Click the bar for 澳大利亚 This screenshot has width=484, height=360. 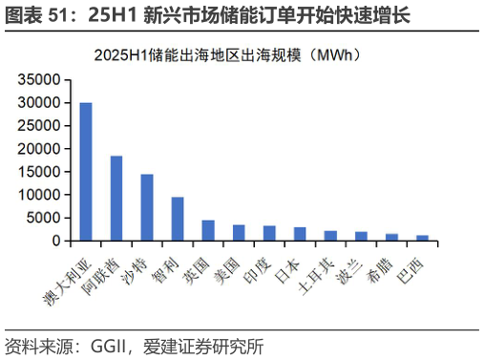tap(86, 172)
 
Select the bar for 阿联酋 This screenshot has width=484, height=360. tap(116, 199)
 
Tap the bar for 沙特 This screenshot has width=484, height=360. tap(147, 207)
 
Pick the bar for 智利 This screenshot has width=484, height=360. tap(178, 219)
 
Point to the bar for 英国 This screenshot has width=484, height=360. tap(208, 230)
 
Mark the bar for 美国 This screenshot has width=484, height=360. tap(239, 233)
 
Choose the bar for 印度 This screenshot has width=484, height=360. tap(269, 233)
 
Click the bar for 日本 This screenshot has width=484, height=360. tap(300, 234)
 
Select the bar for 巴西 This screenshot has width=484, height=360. tap(422, 238)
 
